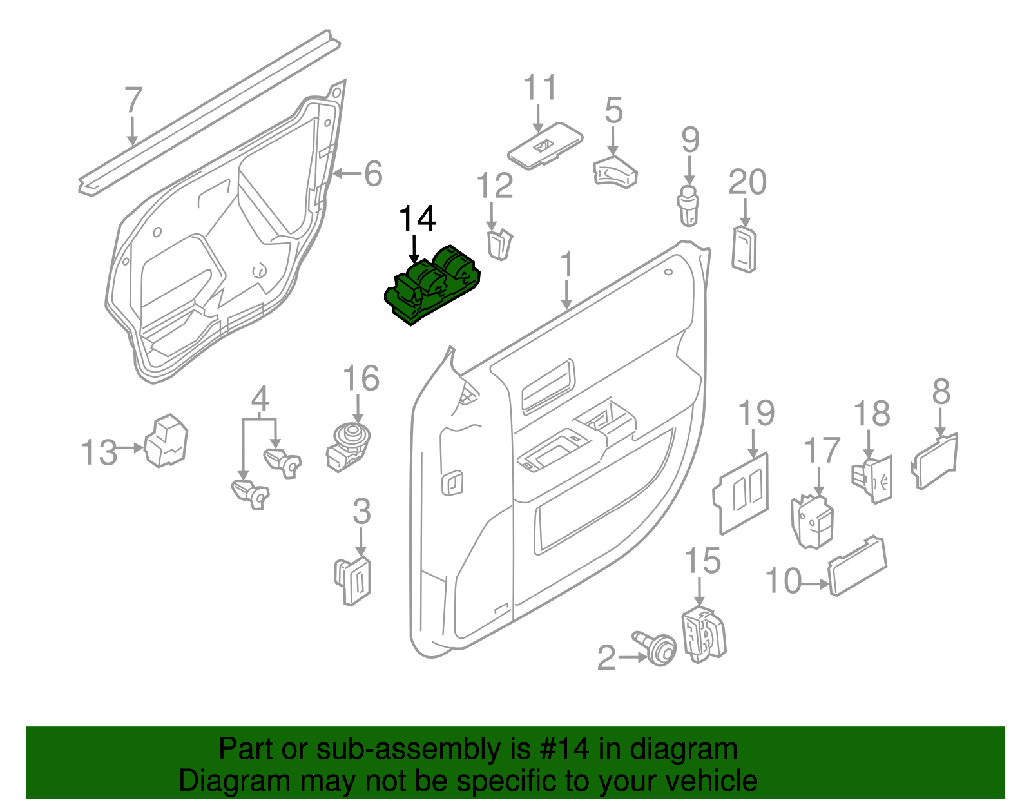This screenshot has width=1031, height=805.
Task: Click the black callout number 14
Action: point(417,219)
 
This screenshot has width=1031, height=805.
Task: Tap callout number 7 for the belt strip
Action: point(132,101)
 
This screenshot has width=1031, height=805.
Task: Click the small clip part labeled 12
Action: point(499,244)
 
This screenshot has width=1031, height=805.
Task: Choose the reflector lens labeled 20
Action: point(744,249)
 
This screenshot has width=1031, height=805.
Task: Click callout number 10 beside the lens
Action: point(782,581)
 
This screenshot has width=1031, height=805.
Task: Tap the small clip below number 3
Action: point(354,580)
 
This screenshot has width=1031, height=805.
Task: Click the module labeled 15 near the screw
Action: point(703,634)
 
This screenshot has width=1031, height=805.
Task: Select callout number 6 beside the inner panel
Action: point(373,174)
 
